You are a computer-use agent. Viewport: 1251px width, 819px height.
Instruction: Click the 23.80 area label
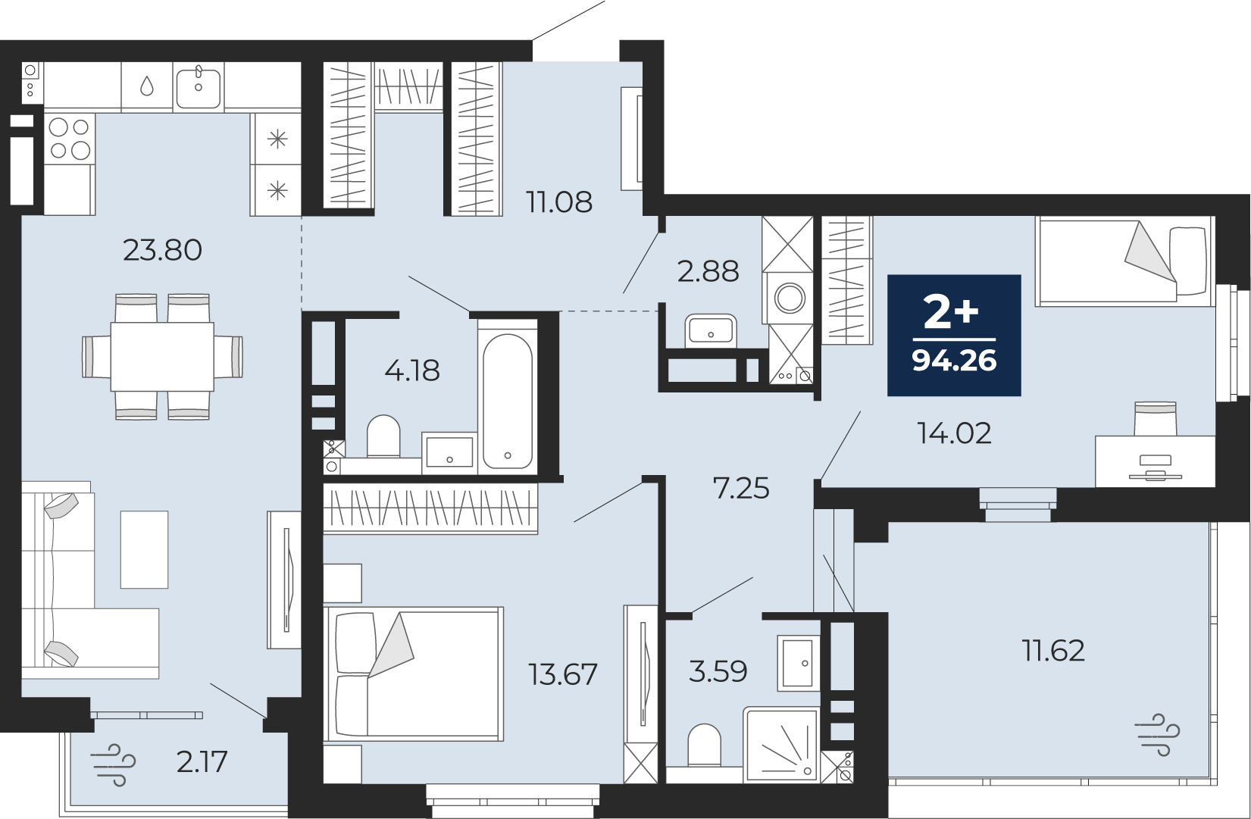pos(162,250)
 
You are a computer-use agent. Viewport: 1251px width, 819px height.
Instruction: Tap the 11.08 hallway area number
pos(559,202)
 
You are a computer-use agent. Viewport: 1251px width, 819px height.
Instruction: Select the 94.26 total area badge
pos(954,335)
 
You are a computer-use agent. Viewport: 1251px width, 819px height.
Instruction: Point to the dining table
pos(162,356)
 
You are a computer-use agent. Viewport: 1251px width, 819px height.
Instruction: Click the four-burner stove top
pos(69,139)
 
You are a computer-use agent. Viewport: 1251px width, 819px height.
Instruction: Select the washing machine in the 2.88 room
pos(790,298)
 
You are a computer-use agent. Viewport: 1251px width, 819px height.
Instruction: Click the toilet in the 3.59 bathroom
pos(704,746)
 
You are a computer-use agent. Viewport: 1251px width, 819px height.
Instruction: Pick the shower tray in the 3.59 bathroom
pos(780,745)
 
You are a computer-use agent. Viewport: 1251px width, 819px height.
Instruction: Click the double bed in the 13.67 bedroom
pos(413,674)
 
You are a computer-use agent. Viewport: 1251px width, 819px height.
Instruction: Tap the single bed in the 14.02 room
pos(1124,261)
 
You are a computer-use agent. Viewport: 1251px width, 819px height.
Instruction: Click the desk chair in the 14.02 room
pos(1155,419)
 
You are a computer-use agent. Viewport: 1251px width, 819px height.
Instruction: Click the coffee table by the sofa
pos(144,549)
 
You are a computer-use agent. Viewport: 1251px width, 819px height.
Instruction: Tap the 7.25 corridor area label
pos(741,488)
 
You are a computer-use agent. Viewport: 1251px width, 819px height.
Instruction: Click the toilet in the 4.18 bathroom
pos(383,436)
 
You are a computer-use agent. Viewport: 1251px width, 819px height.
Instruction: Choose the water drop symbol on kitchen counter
pos(147,86)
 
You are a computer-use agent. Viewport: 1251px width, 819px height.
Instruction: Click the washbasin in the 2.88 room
pos(711,330)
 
